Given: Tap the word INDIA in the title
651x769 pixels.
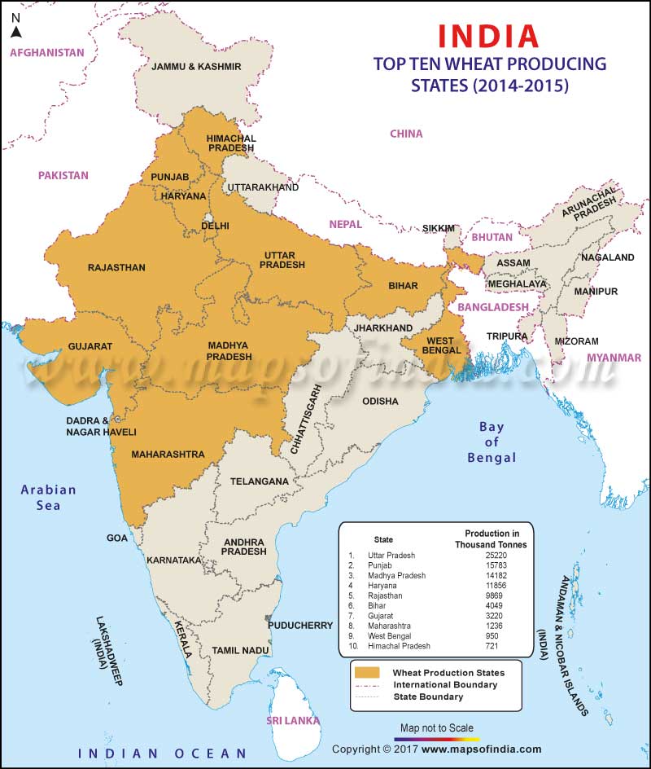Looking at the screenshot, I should click(488, 36).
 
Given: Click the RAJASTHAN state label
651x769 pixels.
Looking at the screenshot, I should click(116, 267).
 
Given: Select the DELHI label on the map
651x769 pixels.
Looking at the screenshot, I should click(216, 226).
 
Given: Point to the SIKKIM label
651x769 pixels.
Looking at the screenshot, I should click(438, 229).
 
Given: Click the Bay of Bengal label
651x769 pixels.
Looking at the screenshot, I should click(492, 442).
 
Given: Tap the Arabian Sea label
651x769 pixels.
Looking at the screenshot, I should click(49, 497).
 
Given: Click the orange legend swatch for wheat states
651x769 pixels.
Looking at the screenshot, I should click(367, 672).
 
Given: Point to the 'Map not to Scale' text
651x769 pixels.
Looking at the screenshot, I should click(435, 727).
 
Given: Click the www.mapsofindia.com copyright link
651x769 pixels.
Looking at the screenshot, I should click(481, 749).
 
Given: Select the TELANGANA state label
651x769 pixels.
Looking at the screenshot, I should click(259, 481).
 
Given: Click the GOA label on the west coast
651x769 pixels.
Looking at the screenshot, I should click(117, 538).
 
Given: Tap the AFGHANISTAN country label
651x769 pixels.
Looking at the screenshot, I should click(46, 52).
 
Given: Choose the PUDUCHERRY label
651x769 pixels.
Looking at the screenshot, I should click(299, 625).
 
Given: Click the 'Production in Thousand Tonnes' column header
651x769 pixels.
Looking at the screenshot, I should click(490, 538).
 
